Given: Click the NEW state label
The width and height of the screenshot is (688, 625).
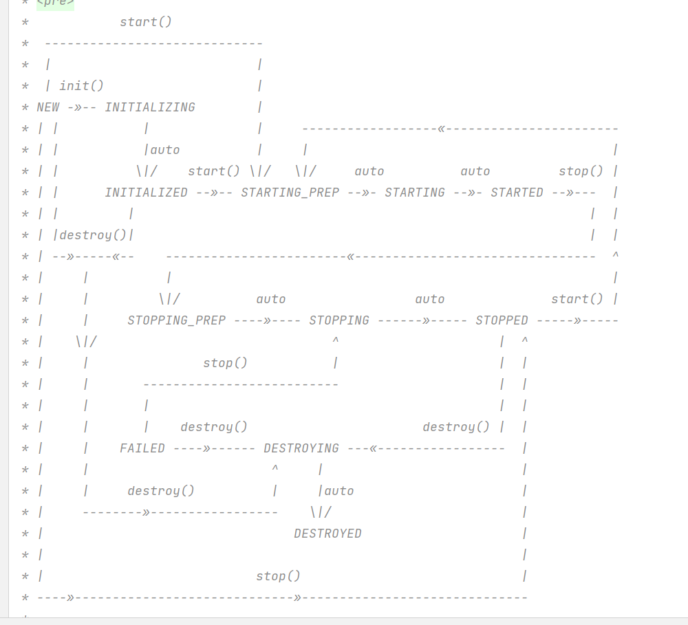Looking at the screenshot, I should (48, 107).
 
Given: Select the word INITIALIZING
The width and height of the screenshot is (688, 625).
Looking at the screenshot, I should (150, 107).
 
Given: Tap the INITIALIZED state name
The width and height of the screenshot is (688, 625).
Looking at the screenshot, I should (146, 193).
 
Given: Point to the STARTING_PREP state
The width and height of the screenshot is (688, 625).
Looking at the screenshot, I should (290, 193).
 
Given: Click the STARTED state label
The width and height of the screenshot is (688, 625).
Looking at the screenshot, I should (517, 193).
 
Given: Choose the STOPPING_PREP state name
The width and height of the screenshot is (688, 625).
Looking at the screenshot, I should (176, 320).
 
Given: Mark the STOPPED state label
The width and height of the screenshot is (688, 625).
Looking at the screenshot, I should (502, 320).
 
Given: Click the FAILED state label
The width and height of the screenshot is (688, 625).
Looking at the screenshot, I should (142, 448).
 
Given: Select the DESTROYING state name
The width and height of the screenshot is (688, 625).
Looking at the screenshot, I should (301, 448).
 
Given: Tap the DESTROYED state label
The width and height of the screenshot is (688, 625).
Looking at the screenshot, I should (327, 534).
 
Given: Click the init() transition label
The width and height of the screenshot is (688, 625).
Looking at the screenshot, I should (81, 86).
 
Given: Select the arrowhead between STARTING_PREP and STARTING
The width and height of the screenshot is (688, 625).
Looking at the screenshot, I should (366, 193).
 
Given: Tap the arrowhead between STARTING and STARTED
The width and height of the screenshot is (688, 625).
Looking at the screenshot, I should (472, 193).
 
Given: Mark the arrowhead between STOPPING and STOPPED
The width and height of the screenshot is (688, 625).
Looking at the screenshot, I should (427, 320).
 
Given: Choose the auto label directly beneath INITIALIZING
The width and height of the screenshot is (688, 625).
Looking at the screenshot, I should (165, 150).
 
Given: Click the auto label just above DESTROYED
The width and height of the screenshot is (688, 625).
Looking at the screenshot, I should (339, 491).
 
